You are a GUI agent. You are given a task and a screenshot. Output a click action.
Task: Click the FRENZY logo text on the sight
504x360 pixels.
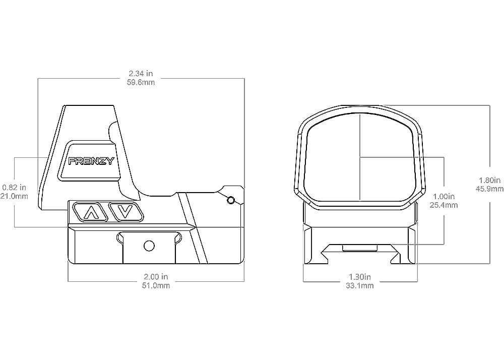click(x=91, y=161)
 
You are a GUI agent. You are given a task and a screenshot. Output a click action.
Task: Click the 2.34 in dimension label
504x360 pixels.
click(x=141, y=74)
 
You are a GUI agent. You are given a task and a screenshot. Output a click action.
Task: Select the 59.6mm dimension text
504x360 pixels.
click(x=141, y=82)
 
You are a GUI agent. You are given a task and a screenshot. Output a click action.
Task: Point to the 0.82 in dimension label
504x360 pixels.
click(x=14, y=187)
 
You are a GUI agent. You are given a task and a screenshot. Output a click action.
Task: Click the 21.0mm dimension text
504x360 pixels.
click(x=14, y=196)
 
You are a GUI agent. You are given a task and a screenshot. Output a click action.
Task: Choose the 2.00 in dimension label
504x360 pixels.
click(x=156, y=276)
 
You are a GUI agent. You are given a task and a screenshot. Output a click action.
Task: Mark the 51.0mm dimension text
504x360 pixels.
click(x=156, y=285)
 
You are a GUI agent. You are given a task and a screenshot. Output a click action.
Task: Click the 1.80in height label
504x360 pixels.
click(x=489, y=180)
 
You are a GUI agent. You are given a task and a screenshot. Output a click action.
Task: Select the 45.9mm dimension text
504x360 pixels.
click(x=489, y=189)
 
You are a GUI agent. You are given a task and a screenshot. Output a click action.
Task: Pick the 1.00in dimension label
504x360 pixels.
click(x=444, y=196)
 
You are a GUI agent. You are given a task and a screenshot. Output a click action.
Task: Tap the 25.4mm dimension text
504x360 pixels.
click(x=444, y=205)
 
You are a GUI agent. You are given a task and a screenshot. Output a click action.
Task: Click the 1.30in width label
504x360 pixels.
click(x=360, y=276)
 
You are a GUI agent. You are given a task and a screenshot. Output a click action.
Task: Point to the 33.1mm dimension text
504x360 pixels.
click(x=360, y=285)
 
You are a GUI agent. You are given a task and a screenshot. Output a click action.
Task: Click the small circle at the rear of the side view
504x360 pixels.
click(x=230, y=200)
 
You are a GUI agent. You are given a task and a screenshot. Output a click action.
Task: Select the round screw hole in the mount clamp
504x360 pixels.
click(x=149, y=246)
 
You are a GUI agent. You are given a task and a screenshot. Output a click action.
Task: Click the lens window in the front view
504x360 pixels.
click(x=360, y=157)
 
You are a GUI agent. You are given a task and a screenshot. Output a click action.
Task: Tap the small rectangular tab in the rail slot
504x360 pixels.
click(x=360, y=248)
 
